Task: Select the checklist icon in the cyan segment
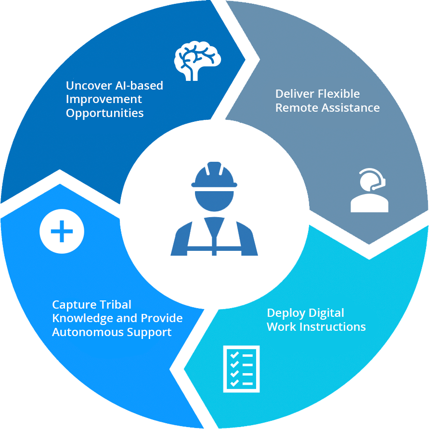[x=241, y=368]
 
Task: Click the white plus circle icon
[x=62, y=232]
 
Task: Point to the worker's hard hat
[x=214, y=176]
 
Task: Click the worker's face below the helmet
[x=214, y=199]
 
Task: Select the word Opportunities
[x=104, y=113]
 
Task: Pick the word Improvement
[x=104, y=99]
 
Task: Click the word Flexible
[x=335, y=94]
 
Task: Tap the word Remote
[x=295, y=108]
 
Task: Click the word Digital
[x=326, y=313]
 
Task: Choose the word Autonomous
[x=82, y=332]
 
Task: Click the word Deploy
[x=285, y=313]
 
